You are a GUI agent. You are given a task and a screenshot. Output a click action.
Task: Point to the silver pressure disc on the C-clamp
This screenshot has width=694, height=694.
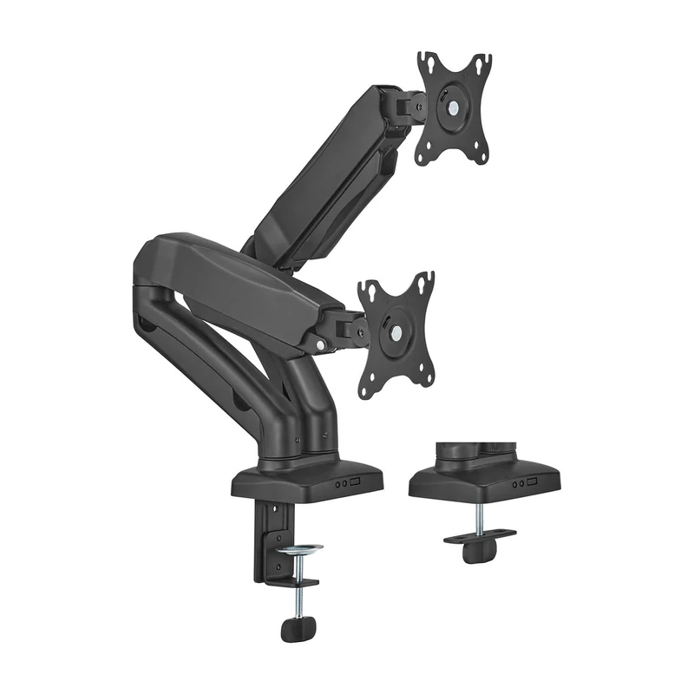299,550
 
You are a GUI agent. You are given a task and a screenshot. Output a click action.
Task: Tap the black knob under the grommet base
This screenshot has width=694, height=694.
475,553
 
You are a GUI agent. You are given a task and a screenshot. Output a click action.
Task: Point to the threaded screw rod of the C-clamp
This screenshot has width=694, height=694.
299,590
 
